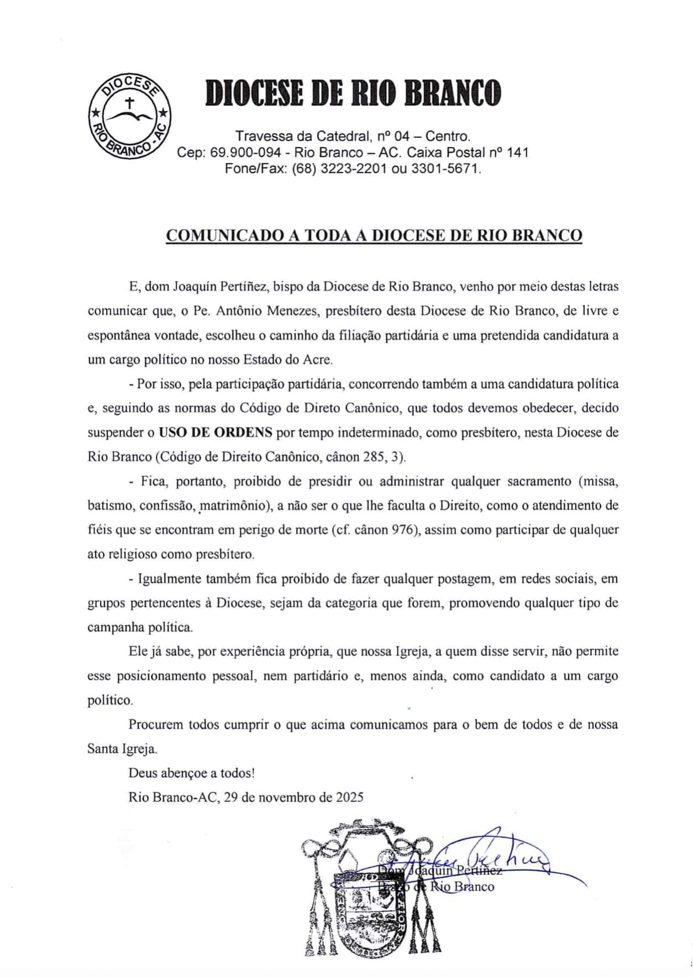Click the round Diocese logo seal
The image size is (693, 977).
coord(130,115)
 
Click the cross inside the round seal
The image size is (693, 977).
coord(130,103)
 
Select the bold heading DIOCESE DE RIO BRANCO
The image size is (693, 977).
coord(353,93)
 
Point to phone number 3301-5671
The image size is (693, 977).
coord(446,168)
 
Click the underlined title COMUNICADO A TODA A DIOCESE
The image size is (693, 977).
coord(374,235)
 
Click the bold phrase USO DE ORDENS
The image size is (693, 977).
coord(215,433)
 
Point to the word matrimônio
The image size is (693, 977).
coord(234,506)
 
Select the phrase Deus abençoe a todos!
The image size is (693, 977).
coord(192,773)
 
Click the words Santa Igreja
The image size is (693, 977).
coord(122,749)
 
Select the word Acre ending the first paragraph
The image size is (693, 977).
coord(318,360)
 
